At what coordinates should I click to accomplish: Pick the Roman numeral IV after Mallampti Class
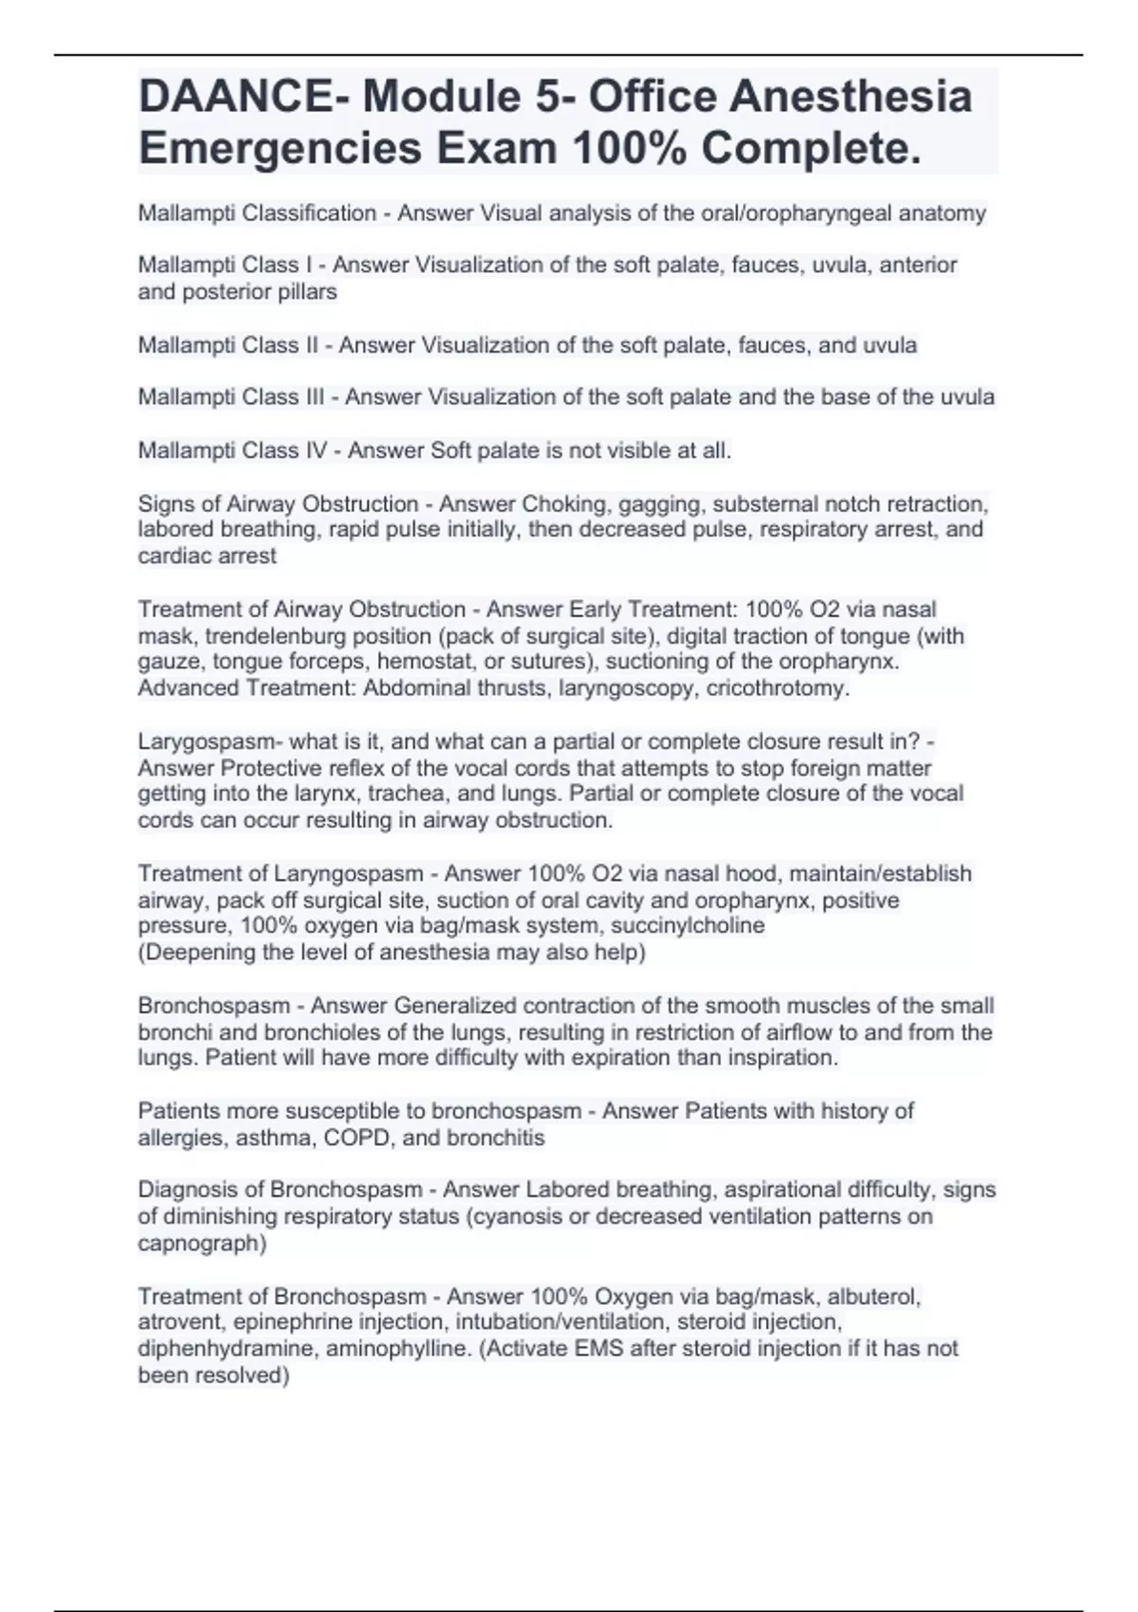click(x=316, y=450)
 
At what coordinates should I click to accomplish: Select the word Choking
click(x=558, y=504)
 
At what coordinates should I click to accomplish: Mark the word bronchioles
click(x=257, y=1032)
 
